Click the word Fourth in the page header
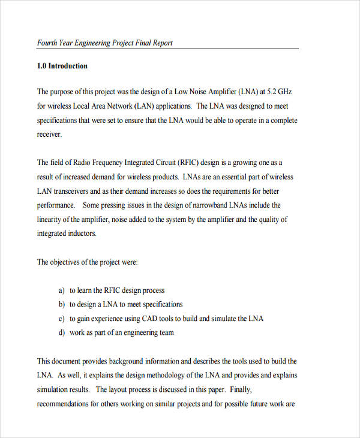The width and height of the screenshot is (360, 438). pyautogui.click(x=48, y=43)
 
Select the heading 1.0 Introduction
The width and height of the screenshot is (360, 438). pyautogui.click(x=62, y=66)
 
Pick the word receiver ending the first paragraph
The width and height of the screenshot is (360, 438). pyautogui.click(x=49, y=134)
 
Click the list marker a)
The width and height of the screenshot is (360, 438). pyautogui.click(x=61, y=290)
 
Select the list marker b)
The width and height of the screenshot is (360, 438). pyautogui.click(x=61, y=305)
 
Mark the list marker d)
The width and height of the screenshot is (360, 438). pyautogui.click(x=61, y=333)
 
